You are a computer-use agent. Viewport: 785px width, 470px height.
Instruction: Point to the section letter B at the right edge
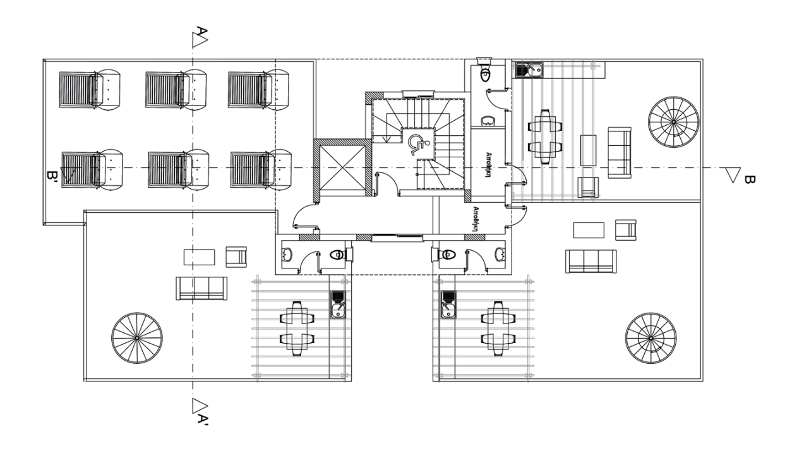[x=749, y=180]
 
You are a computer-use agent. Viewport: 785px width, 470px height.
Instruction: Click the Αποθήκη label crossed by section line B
[x=488, y=165]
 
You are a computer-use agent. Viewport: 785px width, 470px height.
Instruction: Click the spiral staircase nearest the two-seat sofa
[x=674, y=122]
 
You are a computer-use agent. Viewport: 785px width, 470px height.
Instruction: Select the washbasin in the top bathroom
[x=488, y=121]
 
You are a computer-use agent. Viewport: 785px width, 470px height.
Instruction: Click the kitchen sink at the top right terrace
[x=529, y=69]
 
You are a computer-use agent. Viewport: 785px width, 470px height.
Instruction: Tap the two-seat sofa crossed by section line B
[x=620, y=152]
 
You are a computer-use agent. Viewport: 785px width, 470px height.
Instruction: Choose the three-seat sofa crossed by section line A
[x=201, y=289]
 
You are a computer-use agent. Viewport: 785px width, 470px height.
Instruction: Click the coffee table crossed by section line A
[x=200, y=257]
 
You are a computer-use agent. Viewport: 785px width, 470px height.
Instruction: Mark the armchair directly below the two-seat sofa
[x=588, y=187]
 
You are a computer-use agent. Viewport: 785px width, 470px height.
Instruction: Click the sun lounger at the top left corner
[x=90, y=89]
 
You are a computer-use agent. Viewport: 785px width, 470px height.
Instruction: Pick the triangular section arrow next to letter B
[x=733, y=175]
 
